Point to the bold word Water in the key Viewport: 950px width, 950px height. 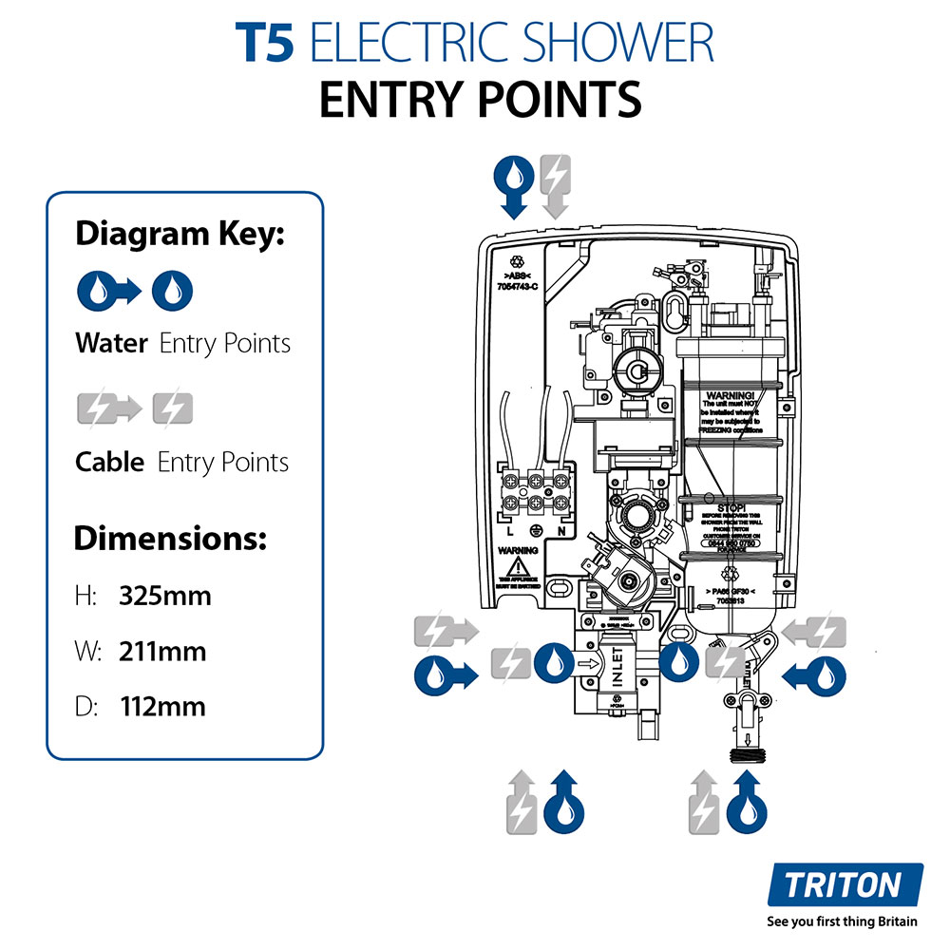coord(111,343)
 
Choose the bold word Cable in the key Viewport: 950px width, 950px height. coord(109,463)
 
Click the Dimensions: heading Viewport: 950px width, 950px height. coord(170,539)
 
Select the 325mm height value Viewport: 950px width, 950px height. coord(165,597)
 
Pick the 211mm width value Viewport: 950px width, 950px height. coord(162,652)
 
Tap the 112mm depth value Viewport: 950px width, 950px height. coord(162,707)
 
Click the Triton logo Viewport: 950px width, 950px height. coord(843,886)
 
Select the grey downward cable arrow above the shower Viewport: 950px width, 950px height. coord(554,186)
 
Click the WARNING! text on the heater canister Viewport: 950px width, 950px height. coord(731,394)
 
